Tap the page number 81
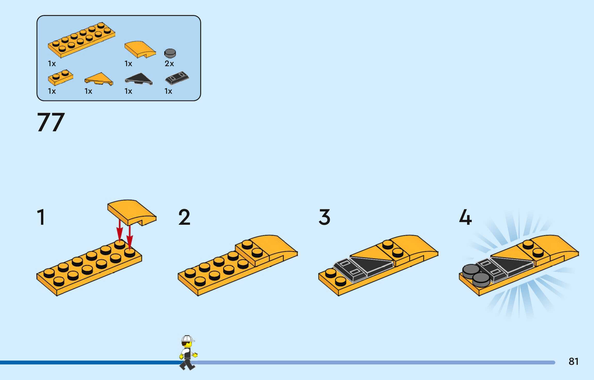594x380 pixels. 573,361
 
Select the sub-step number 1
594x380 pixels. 41,217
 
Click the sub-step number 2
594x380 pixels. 184,218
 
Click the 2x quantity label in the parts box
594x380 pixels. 169,64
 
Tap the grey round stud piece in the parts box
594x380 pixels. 170,53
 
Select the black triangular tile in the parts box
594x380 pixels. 139,79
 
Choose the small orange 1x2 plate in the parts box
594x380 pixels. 60,77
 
